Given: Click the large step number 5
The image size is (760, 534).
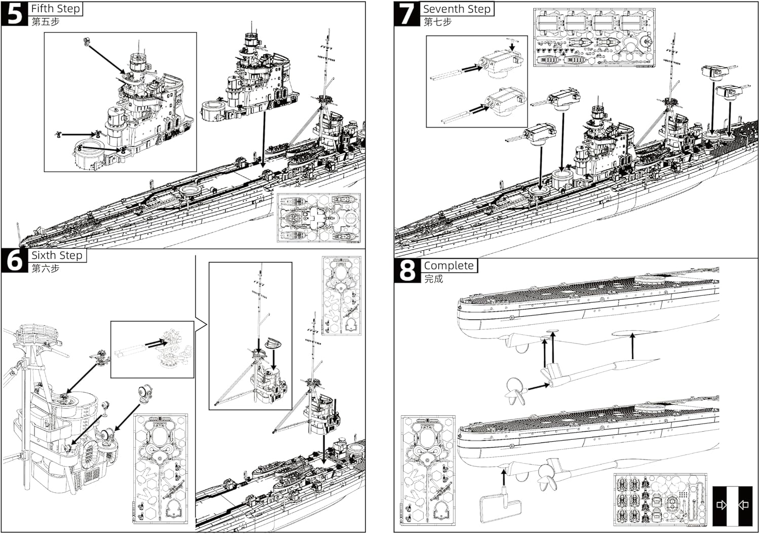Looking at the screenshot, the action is (x=14, y=14).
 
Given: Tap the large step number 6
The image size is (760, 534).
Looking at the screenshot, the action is (x=15, y=260).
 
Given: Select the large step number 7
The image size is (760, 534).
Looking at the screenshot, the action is (x=407, y=14).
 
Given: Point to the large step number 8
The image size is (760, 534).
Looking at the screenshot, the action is (x=407, y=271).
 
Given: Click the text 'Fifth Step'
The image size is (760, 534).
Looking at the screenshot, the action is (x=56, y=9).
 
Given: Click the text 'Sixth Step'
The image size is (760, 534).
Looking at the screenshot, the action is (x=57, y=255).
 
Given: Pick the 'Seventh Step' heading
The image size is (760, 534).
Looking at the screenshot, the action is (x=457, y=9).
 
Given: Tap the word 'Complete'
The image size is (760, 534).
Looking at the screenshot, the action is (x=448, y=265).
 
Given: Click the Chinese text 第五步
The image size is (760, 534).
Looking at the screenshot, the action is (x=46, y=22).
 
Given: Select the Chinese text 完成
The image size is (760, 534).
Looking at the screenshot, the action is (x=434, y=279).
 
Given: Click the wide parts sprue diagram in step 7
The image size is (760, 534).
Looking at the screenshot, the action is (x=594, y=37).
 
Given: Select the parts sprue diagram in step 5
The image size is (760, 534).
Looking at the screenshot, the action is (x=319, y=218).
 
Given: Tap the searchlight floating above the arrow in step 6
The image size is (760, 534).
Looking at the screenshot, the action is (x=144, y=395).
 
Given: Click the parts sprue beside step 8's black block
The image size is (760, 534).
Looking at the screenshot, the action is (x=660, y=500).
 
